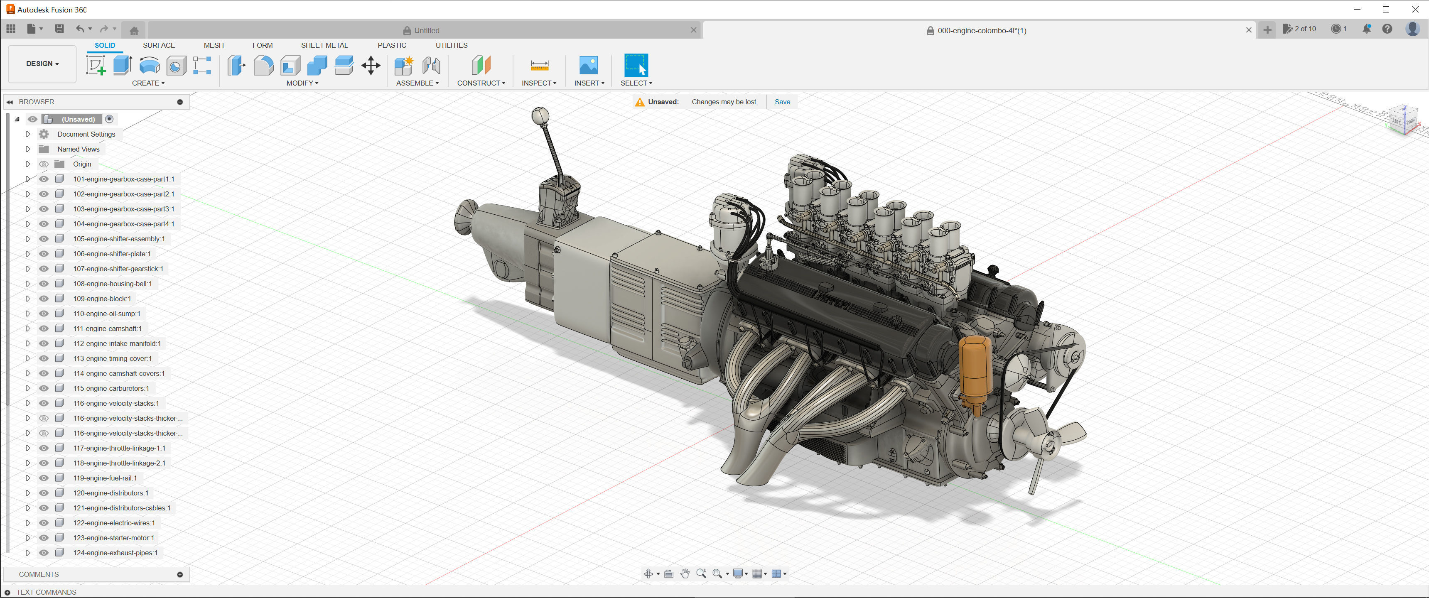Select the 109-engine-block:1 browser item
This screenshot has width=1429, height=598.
(x=102, y=299)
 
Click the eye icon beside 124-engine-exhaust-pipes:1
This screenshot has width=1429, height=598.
(x=44, y=552)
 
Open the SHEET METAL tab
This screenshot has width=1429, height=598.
(x=324, y=45)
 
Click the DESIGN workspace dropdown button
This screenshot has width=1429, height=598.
(x=42, y=64)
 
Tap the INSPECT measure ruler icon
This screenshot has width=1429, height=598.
(x=539, y=66)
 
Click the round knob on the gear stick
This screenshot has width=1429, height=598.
(x=540, y=115)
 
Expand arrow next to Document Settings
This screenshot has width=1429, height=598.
(x=28, y=134)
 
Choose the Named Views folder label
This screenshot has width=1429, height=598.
(x=78, y=149)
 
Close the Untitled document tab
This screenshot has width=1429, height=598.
(x=693, y=30)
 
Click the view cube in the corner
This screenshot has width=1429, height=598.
(x=1404, y=119)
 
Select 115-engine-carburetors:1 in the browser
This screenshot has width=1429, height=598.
(x=111, y=388)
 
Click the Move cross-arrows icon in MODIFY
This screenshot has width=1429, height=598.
(x=371, y=66)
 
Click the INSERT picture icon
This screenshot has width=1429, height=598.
(x=588, y=66)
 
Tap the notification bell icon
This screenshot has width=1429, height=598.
(x=1367, y=29)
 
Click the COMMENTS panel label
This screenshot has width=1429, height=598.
(x=39, y=574)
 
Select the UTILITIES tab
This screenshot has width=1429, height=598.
(x=451, y=45)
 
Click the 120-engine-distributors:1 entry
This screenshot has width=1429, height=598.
(x=110, y=493)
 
